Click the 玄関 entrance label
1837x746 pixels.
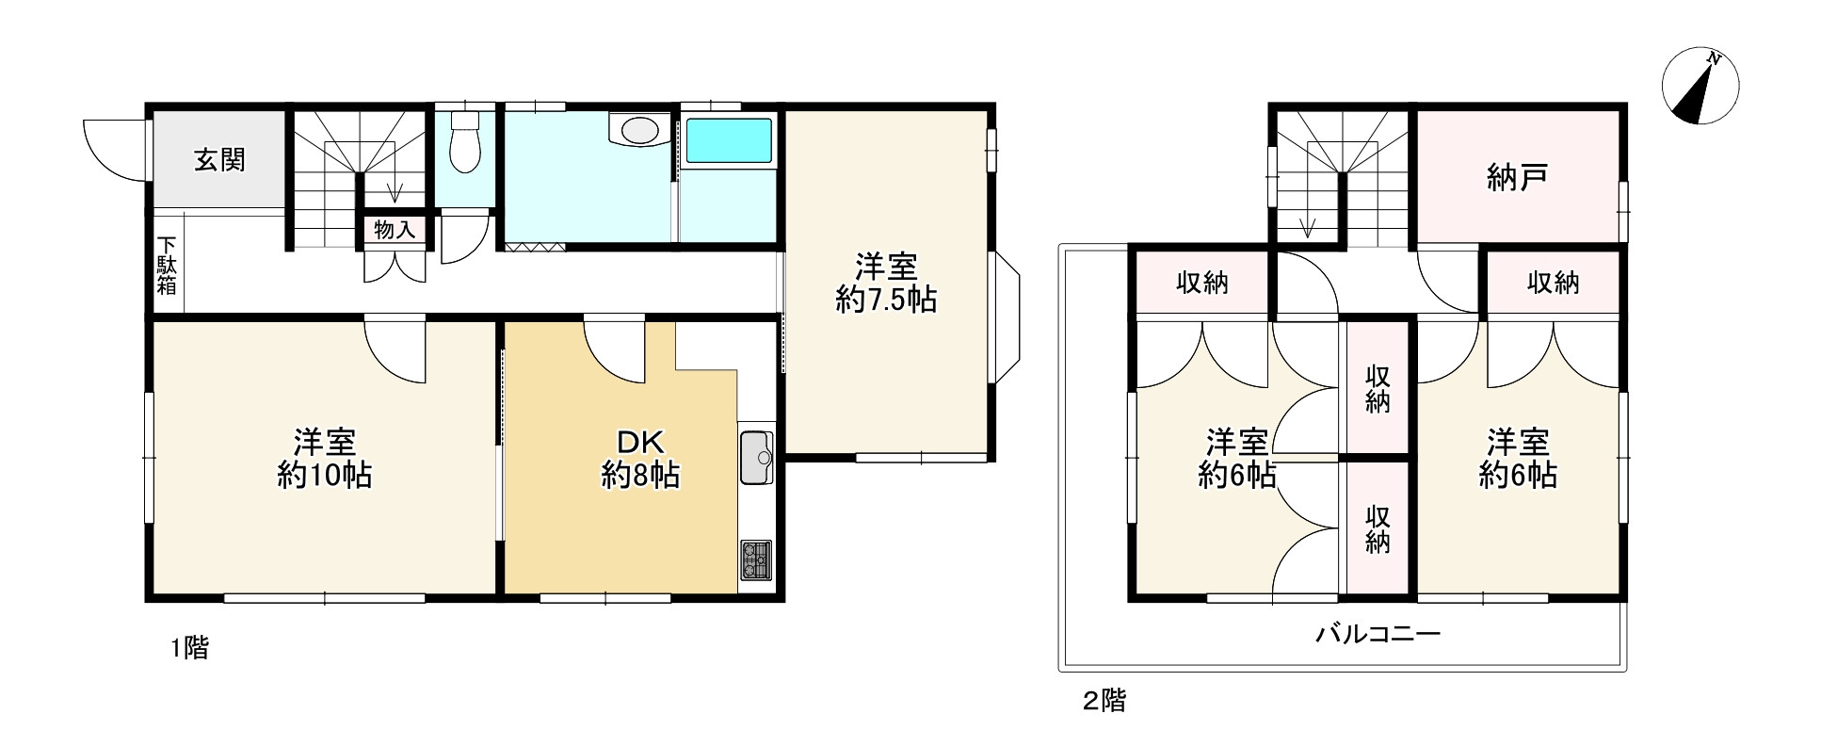pos(219,160)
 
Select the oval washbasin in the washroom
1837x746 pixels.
pos(637,130)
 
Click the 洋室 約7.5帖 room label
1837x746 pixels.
pos(885,284)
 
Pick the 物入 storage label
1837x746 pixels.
pos(395,230)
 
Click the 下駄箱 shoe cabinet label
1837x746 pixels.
pos(167,265)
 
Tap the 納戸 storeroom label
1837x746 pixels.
pos(1518,177)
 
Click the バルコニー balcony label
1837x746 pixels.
pos(1378,633)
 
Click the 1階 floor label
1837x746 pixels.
pos(188,648)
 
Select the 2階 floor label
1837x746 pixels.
pos(1104,701)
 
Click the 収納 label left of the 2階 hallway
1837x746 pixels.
pos(1201,283)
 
